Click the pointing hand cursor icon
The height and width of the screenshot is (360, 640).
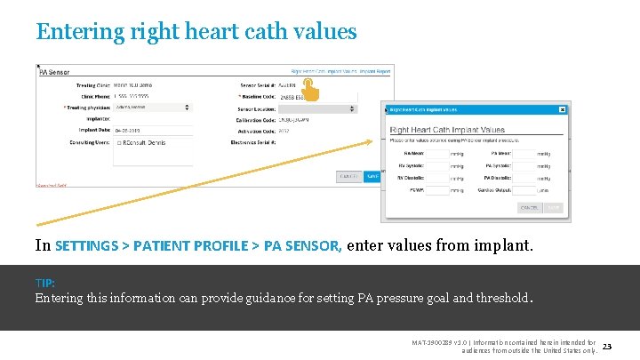click(309, 87)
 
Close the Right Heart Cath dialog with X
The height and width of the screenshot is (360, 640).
click(562, 109)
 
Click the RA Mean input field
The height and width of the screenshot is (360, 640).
click(437, 153)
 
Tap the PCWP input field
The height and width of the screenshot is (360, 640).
click(437, 189)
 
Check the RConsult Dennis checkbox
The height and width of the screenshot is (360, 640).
click(119, 142)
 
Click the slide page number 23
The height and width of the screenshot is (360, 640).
click(609, 345)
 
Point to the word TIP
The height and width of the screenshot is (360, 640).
click(44, 283)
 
